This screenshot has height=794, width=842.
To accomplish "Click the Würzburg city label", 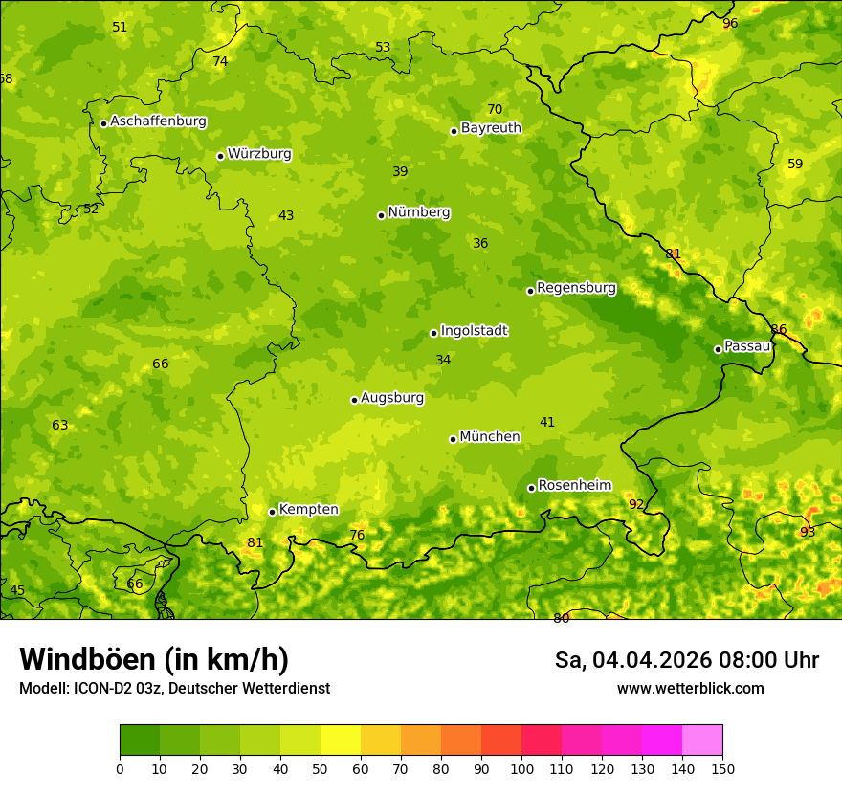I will pos(259,154).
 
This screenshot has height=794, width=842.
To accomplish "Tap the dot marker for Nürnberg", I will pos(381,215).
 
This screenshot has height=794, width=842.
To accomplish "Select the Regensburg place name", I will pos(576,288).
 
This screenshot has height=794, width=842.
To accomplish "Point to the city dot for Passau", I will pos(718,349).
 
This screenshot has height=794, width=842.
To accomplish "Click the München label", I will pos(490,437).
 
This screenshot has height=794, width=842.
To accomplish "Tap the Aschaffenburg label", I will pos(158,121).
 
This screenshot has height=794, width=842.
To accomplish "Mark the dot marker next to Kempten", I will pos(272,512).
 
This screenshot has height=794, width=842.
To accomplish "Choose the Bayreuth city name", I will pos(491,128).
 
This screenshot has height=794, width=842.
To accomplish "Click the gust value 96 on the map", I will pos(730,24).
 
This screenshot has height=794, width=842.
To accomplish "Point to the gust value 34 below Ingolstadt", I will pos(443,361).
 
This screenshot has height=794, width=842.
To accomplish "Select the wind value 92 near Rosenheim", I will pos(636,504).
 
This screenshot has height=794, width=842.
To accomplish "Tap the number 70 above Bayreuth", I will pos(495,110).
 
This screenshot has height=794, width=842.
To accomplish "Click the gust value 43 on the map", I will pos(286,216).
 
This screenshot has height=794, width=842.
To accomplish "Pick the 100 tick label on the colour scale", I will pos(521,768).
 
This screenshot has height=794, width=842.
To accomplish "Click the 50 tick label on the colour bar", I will pos(321,768).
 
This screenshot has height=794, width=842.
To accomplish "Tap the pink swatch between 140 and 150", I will pos(702,739).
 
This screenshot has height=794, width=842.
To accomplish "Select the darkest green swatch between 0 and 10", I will pos(140,739).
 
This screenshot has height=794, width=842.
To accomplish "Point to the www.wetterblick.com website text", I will pos(690,689).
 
